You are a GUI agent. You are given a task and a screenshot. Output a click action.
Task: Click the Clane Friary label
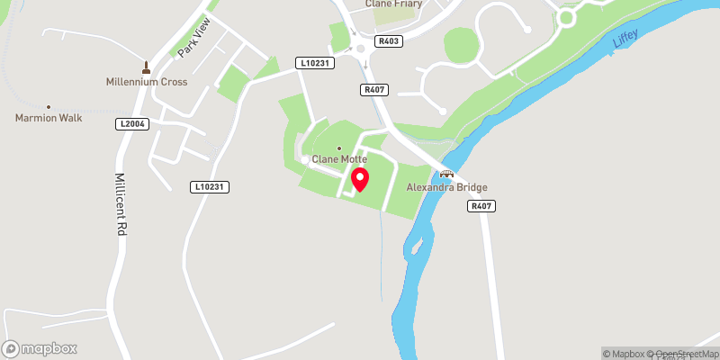(393, 4)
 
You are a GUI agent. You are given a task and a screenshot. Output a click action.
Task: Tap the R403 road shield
(389, 40)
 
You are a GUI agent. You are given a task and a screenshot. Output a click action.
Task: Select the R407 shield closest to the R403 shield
(373, 89)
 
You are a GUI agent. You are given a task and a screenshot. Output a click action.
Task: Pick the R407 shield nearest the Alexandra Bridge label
(481, 206)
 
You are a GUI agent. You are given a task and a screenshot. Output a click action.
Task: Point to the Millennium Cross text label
(145, 82)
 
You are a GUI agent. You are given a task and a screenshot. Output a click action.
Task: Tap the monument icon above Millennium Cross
(145, 67)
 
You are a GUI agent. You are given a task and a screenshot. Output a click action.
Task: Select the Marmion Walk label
(49, 118)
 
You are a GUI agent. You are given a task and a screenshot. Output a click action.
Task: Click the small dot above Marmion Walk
(49, 106)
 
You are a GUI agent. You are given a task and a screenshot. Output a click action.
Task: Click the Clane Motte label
(339, 159)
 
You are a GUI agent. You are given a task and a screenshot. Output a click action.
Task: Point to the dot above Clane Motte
(339, 148)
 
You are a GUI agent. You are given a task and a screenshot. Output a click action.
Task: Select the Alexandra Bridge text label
(446, 187)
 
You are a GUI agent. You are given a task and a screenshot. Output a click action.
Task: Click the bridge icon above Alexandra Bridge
(445, 175)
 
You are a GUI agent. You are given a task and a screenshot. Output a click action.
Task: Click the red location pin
(359, 178)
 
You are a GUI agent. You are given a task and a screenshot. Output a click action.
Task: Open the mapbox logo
(40, 348)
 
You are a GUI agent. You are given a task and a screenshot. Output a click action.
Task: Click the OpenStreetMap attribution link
(686, 353)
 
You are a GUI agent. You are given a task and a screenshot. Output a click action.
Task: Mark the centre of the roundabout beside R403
(362, 49)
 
